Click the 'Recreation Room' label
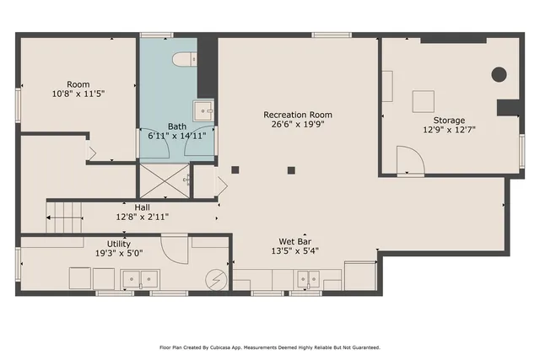click(297, 115)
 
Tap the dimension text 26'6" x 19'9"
click(297, 125)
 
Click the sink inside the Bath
click(202, 110)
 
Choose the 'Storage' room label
click(449, 121)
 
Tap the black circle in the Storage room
click(499, 74)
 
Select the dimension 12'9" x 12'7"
click(449, 131)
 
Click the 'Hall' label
click(142, 207)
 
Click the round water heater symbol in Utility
click(217, 278)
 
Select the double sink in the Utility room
click(140, 278)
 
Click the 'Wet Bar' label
click(295, 240)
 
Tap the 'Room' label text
click(78, 84)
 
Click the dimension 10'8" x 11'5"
click(78, 94)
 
